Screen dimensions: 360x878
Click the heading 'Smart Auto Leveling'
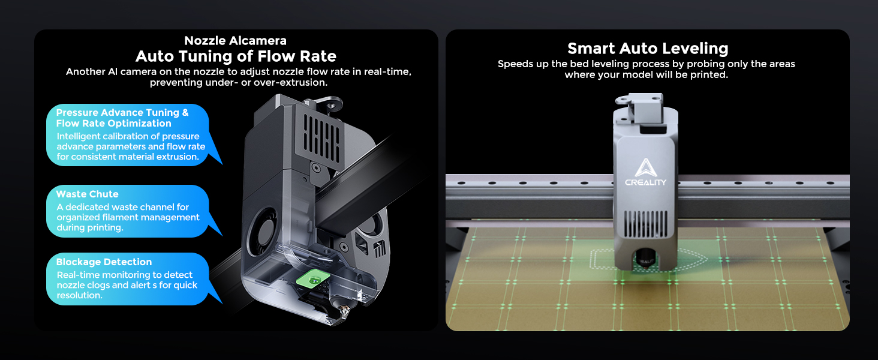coord(648,49)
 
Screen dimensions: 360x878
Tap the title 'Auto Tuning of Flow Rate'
coord(236,56)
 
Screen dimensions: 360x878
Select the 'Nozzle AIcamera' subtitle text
coord(236,41)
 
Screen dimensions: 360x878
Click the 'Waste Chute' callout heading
coord(88,194)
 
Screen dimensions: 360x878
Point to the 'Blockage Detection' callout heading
coord(104,262)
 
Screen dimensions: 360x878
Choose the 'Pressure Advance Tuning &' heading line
coord(122,112)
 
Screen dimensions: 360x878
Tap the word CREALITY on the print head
coord(645,182)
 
